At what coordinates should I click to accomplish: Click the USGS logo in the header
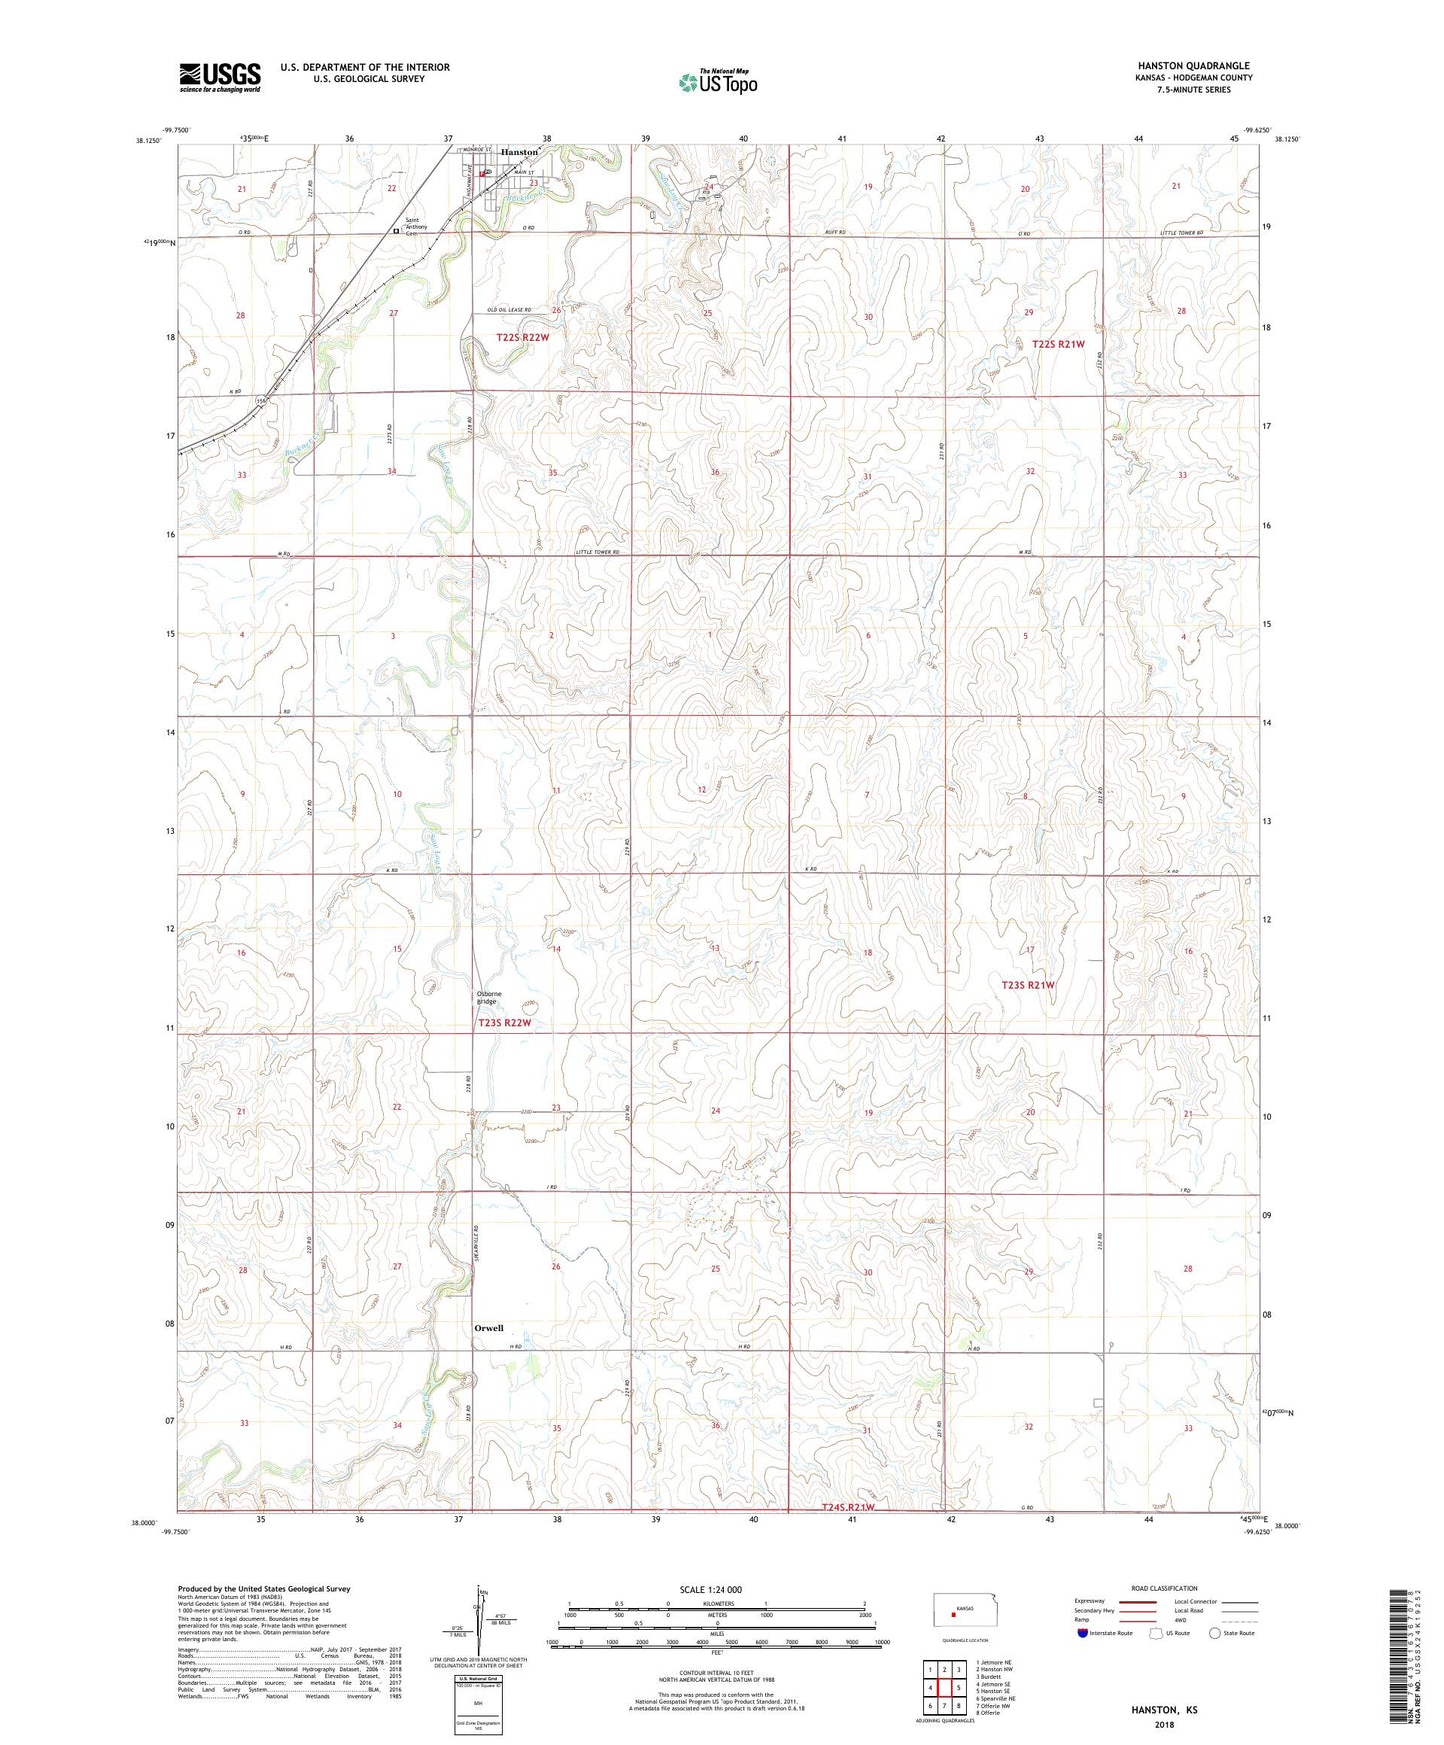220,77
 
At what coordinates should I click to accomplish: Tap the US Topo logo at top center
718,82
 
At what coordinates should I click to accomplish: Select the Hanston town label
519,152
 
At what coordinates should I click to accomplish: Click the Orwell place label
489,1328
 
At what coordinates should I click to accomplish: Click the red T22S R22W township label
522,338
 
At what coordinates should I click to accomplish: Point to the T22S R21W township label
1058,344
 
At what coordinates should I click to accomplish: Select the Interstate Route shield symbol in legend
1083,1633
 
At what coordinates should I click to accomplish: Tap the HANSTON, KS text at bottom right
1164,1710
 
